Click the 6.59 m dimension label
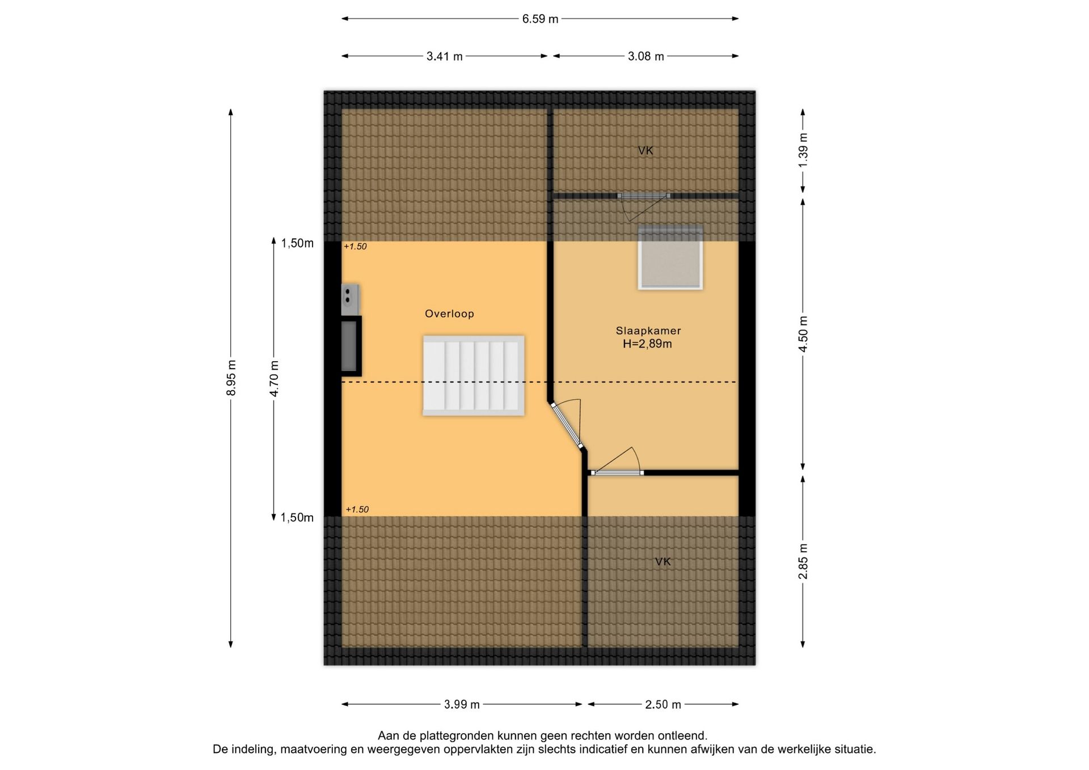point(540,19)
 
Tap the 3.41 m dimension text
point(445,56)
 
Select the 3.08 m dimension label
point(646,56)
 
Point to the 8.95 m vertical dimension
point(231,378)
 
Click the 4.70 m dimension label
point(274,378)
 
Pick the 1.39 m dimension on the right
point(803,150)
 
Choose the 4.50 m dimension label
point(803,334)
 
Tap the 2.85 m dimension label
point(803,561)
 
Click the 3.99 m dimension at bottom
point(462,704)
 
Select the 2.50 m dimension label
point(663,704)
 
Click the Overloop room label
point(449,314)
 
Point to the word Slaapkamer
point(648,331)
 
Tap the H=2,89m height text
point(647,344)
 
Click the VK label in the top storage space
point(645,150)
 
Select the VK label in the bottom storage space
point(663,561)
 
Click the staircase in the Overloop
point(474,375)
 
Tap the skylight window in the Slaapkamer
point(670,257)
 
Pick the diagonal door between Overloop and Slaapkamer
point(567,425)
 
